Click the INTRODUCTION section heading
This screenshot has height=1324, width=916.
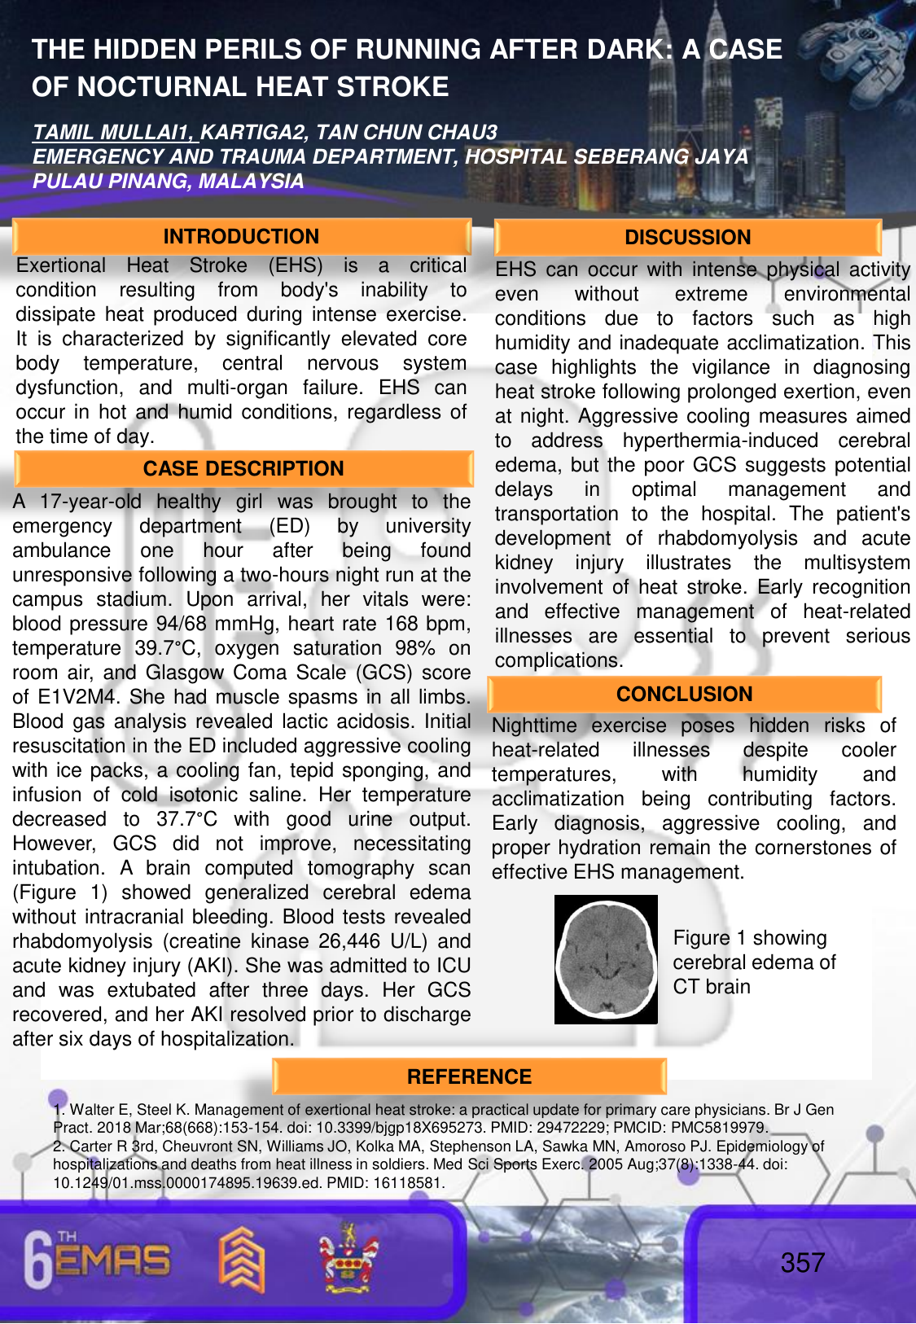pyautogui.click(x=241, y=237)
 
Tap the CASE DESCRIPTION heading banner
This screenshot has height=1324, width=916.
pyautogui.click(x=243, y=469)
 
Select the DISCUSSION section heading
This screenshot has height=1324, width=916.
pyautogui.click(x=687, y=238)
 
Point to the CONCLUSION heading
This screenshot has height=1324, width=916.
pyautogui.click(x=684, y=695)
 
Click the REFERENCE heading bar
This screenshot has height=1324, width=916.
pyautogui.click(x=469, y=1077)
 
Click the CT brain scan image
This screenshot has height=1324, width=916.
pyautogui.click(x=606, y=959)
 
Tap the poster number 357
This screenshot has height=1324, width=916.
pyautogui.click(x=803, y=1263)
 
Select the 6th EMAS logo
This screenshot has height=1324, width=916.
pyautogui.click(x=98, y=1261)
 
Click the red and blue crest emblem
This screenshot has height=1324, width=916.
pyautogui.click(x=348, y=1258)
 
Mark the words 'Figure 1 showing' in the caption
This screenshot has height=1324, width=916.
pyautogui.click(x=749, y=938)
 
